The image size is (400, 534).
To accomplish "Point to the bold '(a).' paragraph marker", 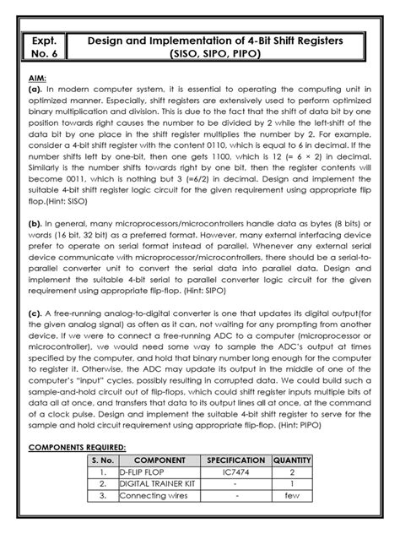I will point(39,90).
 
